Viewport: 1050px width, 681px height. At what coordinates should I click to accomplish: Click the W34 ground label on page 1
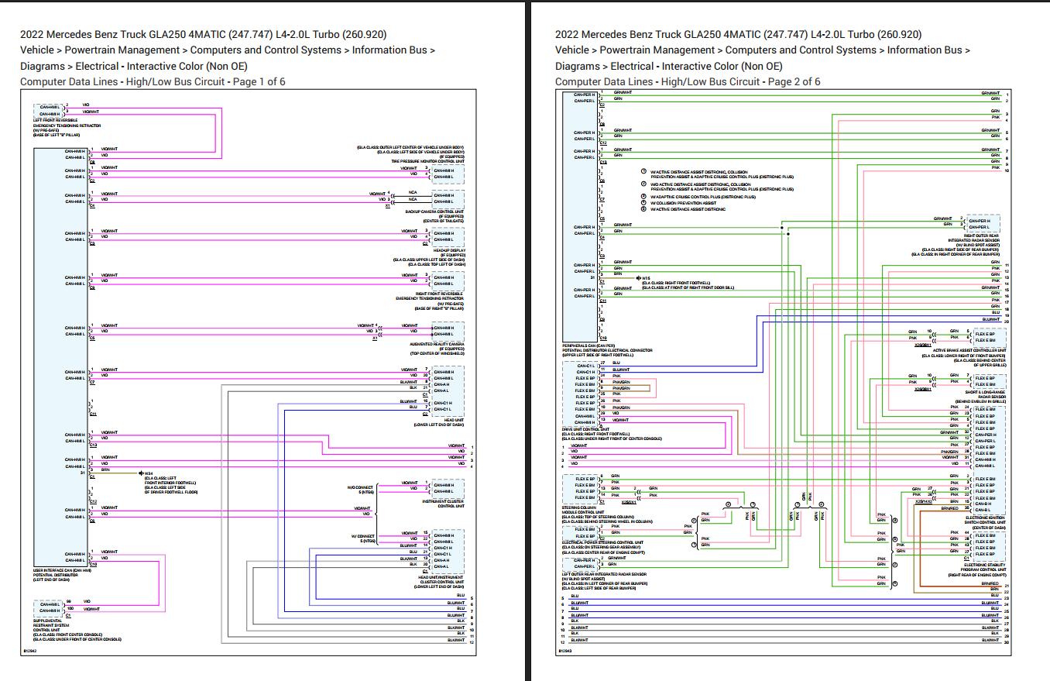pos(149,473)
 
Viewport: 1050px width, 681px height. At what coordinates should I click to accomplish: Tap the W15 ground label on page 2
pos(646,277)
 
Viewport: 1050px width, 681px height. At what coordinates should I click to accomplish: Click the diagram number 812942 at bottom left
pos(30,652)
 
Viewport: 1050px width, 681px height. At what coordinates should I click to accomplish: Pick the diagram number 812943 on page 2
pos(565,652)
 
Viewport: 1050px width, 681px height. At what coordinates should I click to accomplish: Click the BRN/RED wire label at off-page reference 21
pos(990,583)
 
